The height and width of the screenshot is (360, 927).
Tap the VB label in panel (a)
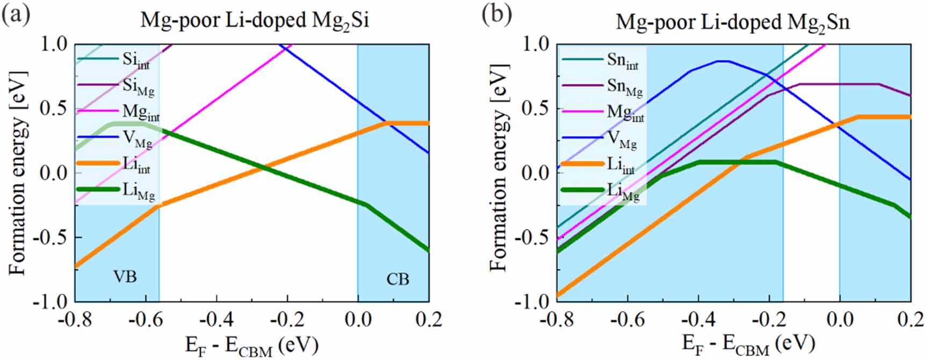click(x=125, y=277)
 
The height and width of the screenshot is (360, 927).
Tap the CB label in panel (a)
click(x=398, y=279)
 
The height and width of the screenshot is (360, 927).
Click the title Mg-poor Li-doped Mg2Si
click(x=255, y=20)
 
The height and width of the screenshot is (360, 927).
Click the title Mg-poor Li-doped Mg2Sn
click(x=732, y=23)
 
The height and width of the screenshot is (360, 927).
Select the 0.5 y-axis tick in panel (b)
click(x=537, y=109)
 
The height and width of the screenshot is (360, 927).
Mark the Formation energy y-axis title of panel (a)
click(x=19, y=172)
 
